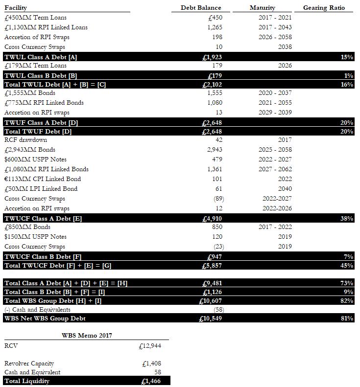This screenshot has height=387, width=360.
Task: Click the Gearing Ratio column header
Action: (324, 8)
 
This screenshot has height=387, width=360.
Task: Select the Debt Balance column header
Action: (201, 8)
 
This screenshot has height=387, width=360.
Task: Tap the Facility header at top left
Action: (16, 8)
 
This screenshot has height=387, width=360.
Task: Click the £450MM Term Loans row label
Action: (35, 18)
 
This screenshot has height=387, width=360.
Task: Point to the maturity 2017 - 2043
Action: (275, 27)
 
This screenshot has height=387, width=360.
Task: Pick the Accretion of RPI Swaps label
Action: (37, 37)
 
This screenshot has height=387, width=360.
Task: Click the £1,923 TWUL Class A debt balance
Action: (212, 57)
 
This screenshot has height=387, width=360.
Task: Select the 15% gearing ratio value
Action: (347, 57)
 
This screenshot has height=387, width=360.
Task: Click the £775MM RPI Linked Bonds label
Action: (44, 103)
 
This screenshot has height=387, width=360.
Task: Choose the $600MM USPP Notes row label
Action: (35, 159)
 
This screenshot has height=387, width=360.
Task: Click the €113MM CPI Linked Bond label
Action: (43, 179)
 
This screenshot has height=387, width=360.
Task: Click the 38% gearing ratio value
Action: (347, 219)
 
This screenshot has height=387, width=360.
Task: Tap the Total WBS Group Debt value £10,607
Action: (211, 301)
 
